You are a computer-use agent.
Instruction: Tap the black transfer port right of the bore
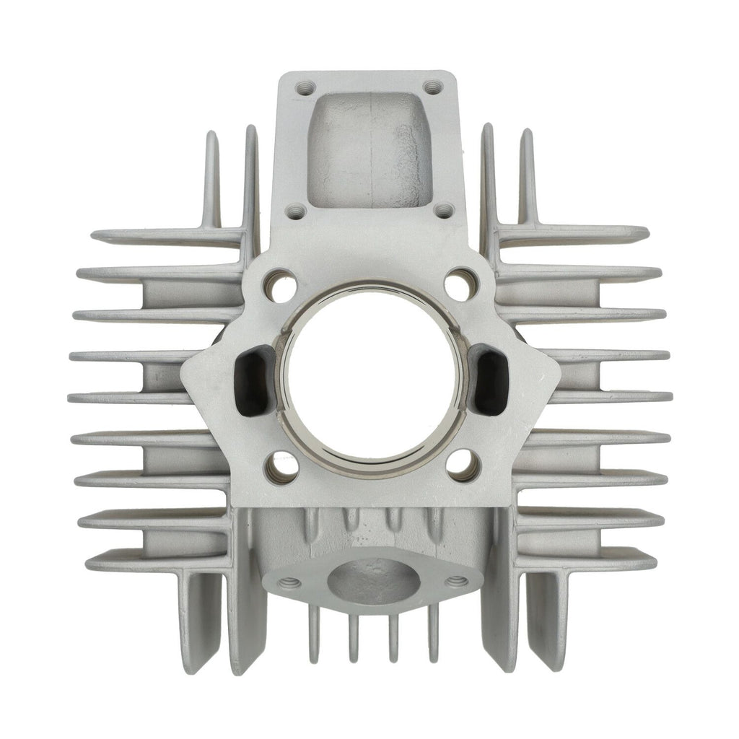coord(491,369)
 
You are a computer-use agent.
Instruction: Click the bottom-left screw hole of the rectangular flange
coord(295,211)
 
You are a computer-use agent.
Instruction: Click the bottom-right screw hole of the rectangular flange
coord(443,211)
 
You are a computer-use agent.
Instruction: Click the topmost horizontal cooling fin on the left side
coord(166,235)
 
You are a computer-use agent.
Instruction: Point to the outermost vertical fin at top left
coord(211,180)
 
